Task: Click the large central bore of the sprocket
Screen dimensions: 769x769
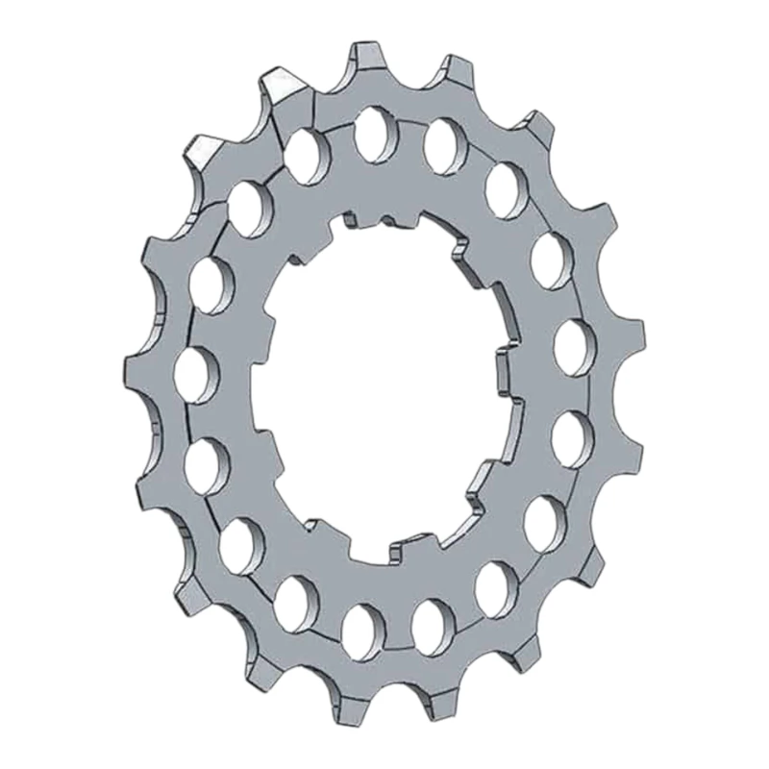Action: pyautogui.click(x=384, y=384)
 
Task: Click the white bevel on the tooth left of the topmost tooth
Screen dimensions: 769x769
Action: pyautogui.click(x=285, y=85)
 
